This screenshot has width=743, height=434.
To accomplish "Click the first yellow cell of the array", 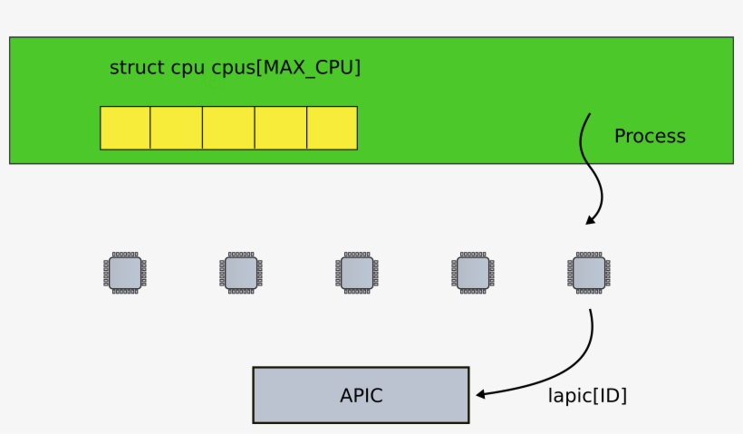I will [125, 128].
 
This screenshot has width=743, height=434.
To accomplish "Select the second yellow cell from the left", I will [176, 128].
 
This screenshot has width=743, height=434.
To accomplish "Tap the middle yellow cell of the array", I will [228, 128].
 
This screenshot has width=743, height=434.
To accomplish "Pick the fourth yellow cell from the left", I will [281, 128].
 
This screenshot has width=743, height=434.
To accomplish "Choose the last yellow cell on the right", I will [332, 128].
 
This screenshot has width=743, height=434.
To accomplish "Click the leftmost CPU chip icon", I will [125, 272].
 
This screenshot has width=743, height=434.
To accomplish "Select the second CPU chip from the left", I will [241, 272].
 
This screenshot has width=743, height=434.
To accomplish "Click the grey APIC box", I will [361, 395].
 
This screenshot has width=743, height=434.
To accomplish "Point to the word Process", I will [650, 137].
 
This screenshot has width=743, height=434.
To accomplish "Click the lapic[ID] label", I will [587, 396].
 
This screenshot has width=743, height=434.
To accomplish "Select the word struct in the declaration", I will [137, 68].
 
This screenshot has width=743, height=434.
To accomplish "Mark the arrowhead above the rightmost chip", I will [591, 219].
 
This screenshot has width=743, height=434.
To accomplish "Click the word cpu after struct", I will [188, 69].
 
